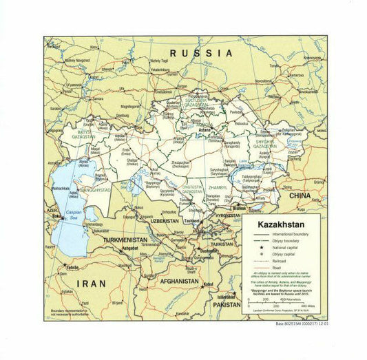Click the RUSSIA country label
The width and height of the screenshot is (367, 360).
201,53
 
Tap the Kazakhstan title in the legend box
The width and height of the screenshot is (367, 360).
282,224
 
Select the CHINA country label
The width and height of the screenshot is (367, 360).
300,195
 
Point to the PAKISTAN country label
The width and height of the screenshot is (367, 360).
227,304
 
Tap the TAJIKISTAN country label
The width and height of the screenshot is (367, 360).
222,244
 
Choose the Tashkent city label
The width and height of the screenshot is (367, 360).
192,220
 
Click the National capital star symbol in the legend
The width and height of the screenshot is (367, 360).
262,247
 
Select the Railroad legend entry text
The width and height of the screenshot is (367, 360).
283,262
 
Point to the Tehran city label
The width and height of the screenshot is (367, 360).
72,267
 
